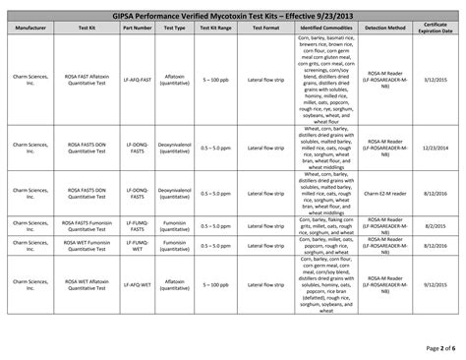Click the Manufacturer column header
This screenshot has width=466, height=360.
point(39,29)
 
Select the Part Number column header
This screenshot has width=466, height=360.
point(138,29)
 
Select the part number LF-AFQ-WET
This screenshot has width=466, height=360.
point(138,282)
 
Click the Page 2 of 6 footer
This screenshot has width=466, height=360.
point(433,348)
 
